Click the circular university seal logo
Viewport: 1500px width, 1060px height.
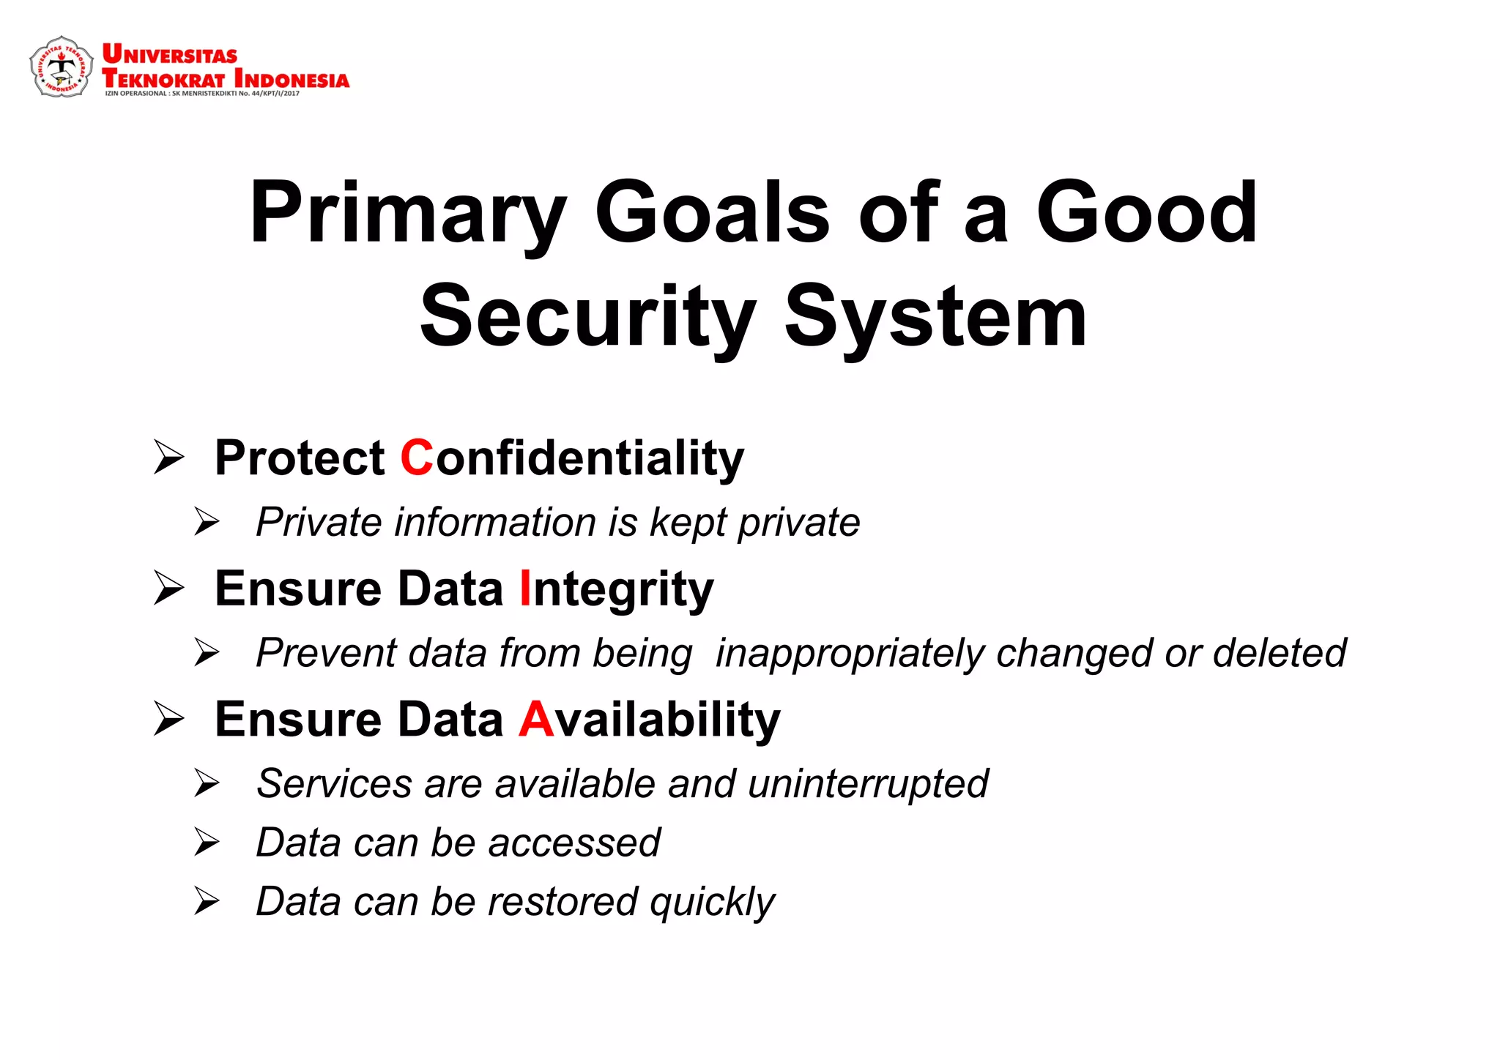pos(62,67)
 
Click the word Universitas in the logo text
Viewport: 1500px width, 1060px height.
pos(170,55)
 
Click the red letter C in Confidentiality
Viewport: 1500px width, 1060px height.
pos(417,458)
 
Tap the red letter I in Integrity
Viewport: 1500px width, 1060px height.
pos(524,589)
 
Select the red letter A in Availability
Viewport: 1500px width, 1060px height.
pos(536,719)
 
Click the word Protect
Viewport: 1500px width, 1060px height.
pos(300,458)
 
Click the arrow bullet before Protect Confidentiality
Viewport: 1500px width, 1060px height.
pos(169,458)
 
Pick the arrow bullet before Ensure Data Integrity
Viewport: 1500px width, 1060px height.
pos(169,589)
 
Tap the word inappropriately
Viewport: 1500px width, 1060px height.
pos(849,654)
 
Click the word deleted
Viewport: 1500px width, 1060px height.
pos(1279,653)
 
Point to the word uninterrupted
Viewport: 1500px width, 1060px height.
pos(868,784)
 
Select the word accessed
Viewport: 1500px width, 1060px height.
pos(574,843)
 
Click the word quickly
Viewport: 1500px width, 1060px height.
pos(712,903)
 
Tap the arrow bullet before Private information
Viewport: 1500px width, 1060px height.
pos(207,522)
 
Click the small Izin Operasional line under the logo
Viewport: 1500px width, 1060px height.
pos(202,94)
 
